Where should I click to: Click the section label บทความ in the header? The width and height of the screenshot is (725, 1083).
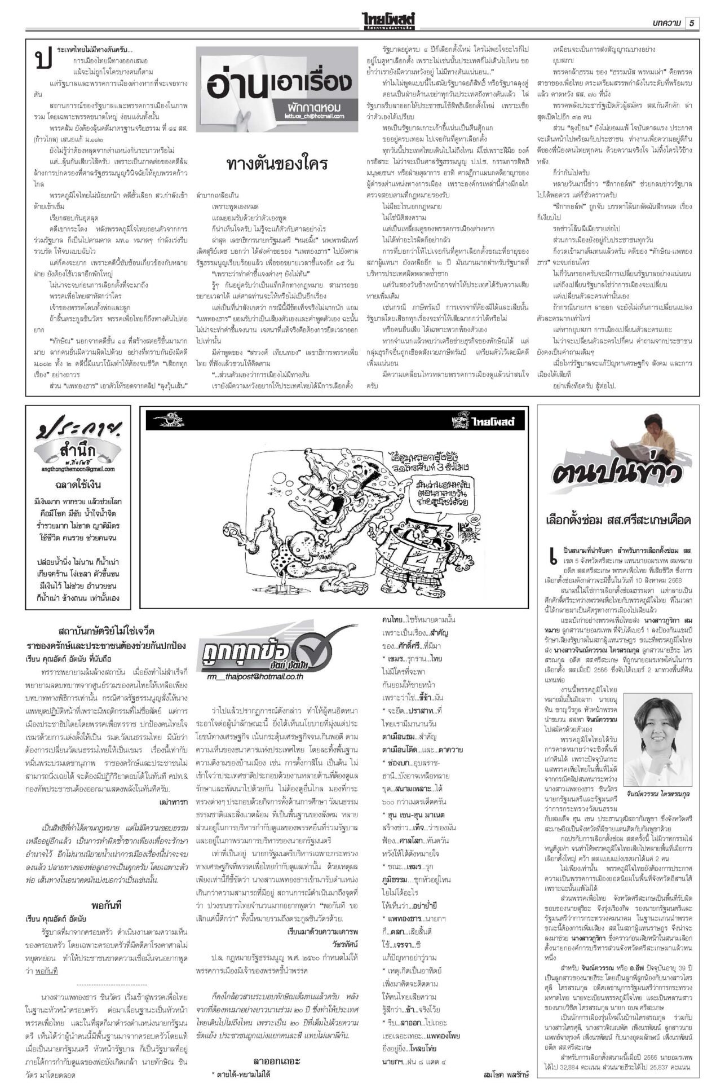666,23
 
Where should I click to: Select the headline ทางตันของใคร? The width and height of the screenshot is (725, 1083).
276,165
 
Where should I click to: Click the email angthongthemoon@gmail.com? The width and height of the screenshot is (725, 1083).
78,469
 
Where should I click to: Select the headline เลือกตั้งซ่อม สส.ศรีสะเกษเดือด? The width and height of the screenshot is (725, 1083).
618,520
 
